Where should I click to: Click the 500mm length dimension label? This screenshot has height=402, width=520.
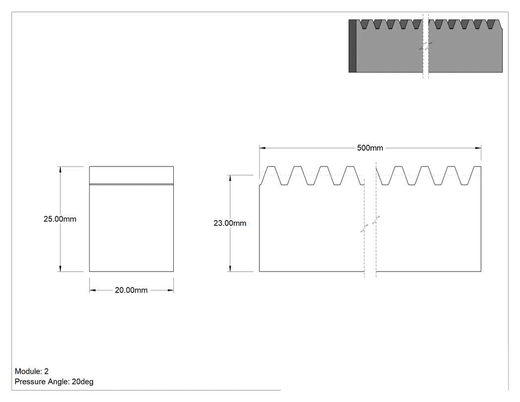tap(370, 148)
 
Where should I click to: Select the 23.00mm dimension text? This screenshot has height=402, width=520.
tap(230, 223)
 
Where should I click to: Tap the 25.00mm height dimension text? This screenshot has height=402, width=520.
tap(60, 219)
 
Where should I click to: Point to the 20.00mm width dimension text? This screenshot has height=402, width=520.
tap(131, 290)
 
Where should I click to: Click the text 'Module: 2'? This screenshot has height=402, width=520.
tap(32, 371)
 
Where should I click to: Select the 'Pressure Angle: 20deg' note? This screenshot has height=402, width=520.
tap(54, 382)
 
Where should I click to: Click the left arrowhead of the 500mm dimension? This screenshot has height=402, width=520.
tap(262, 148)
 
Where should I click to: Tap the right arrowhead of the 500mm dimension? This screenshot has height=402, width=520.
tap(478, 148)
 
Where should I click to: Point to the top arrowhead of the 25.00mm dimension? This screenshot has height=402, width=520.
tap(60, 170)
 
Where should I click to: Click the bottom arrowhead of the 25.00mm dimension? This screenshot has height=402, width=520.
tap(60, 268)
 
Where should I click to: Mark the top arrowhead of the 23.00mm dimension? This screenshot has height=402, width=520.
tap(230, 178)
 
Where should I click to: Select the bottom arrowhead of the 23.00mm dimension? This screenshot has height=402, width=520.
tap(230, 268)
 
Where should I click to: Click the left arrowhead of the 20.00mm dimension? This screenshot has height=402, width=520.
tap(93, 290)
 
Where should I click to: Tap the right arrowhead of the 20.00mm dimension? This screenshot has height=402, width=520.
tap(170, 290)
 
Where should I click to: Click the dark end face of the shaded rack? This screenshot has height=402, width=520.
tap(353, 46)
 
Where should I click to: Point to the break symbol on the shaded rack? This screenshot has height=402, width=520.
tap(426, 46)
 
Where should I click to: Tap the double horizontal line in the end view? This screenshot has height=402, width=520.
tap(131, 184)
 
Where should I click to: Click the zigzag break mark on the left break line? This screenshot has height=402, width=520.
tap(364, 228)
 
